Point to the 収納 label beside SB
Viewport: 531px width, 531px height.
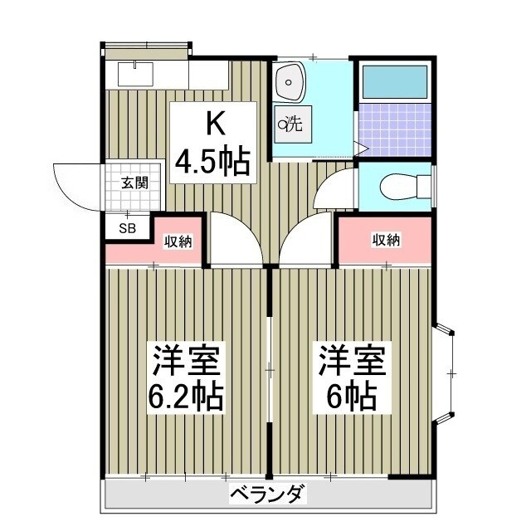click(178, 241)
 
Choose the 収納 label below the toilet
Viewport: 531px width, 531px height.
click(385, 241)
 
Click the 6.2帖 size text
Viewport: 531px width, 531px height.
click(187, 397)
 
